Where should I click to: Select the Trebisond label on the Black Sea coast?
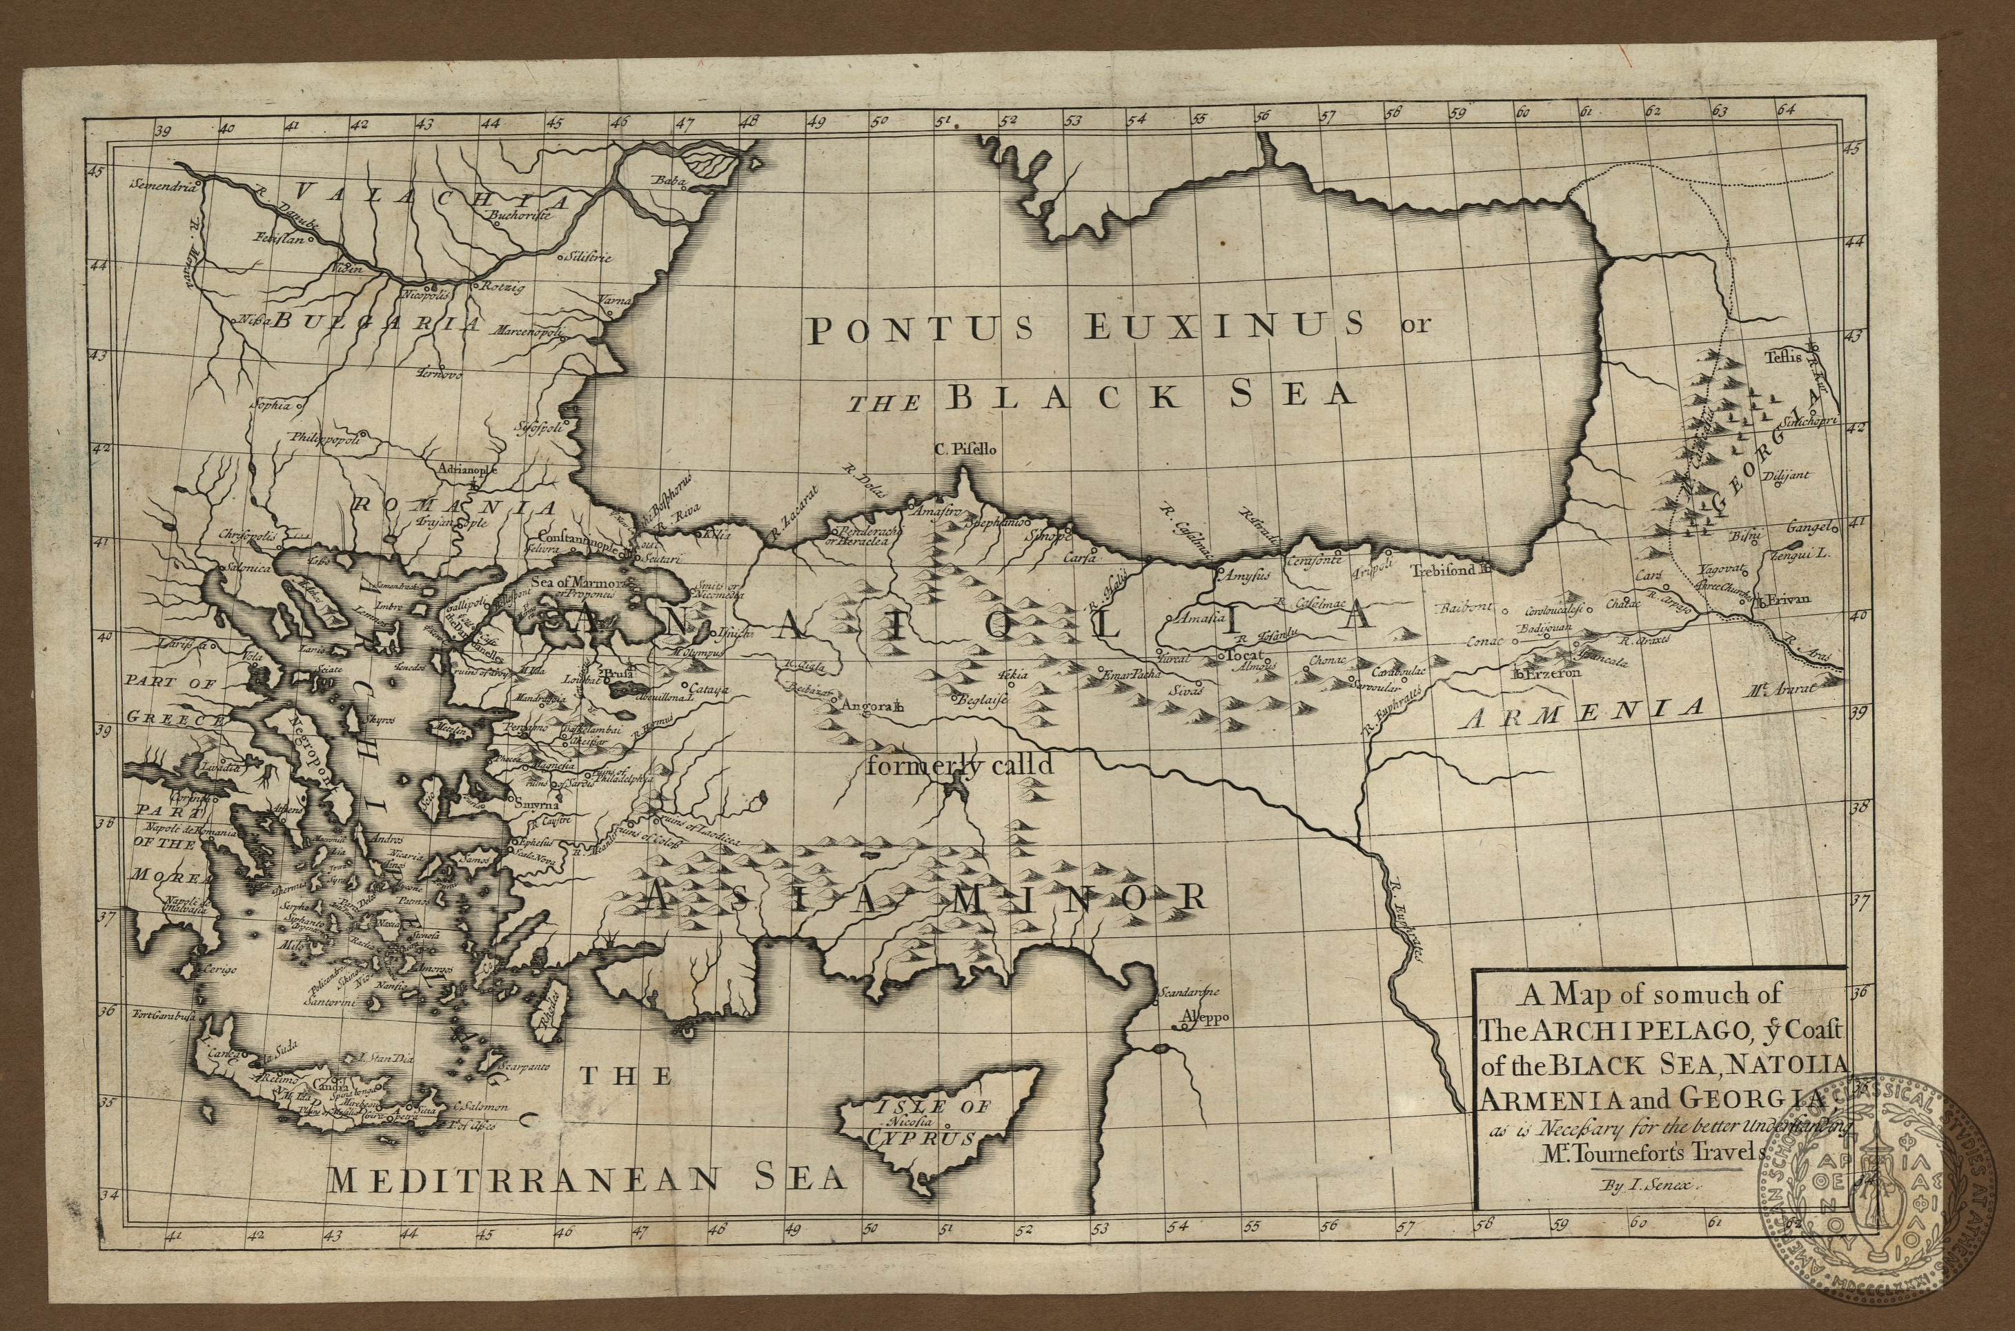coord(1443,570)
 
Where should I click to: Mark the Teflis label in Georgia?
coord(1782,357)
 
